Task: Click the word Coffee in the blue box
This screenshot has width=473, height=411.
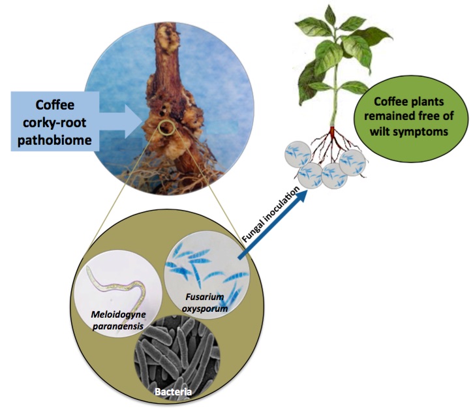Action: coord(59,104)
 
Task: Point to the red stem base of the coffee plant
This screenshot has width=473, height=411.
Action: coord(333,135)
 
